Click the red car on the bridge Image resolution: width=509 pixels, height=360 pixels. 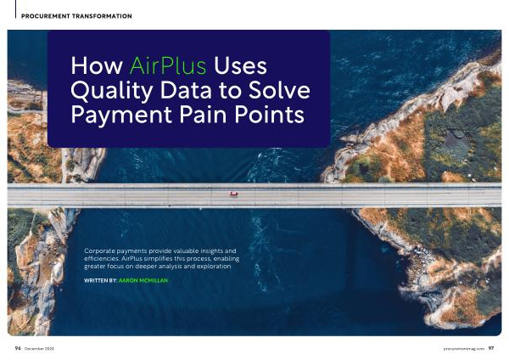[234, 194]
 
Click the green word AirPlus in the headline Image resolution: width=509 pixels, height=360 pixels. [167, 65]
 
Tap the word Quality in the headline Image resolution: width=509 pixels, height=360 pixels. [111, 91]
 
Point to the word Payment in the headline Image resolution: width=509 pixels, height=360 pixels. [121, 115]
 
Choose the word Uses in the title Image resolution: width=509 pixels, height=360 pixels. [240, 65]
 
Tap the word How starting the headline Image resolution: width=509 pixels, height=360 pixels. [97, 65]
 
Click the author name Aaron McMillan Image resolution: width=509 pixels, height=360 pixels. [143, 280]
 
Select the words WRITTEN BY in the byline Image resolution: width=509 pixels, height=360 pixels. [100, 280]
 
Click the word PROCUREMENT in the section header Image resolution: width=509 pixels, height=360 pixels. [46, 16]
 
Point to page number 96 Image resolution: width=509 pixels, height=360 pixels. [18, 348]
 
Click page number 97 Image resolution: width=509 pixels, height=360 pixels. [491, 348]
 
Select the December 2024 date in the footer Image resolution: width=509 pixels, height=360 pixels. [39, 349]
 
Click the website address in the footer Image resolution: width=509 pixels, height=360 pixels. [464, 349]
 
